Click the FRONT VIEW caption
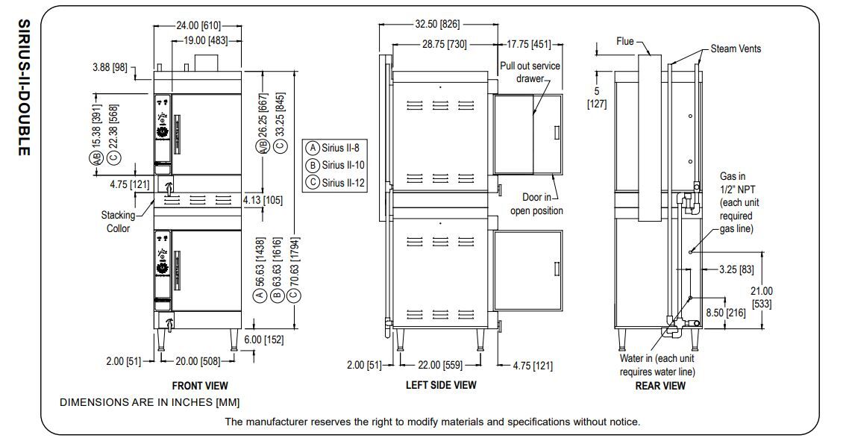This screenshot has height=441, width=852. tap(200, 386)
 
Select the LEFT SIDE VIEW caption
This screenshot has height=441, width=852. tap(441, 386)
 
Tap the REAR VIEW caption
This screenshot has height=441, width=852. tap(660, 386)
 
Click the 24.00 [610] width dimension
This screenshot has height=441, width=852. tap(191, 25)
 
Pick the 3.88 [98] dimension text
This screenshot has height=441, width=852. tap(109, 67)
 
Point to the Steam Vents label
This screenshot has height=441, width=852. tap(736, 49)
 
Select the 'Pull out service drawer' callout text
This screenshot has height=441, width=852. tap(530, 72)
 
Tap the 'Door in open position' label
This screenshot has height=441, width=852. tap(536, 204)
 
